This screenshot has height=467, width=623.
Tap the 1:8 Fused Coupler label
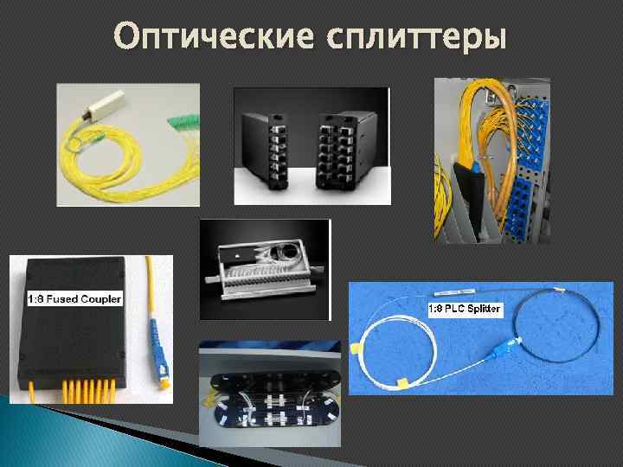tap(74, 299)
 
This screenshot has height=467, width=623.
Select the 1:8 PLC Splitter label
tap(465, 309)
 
